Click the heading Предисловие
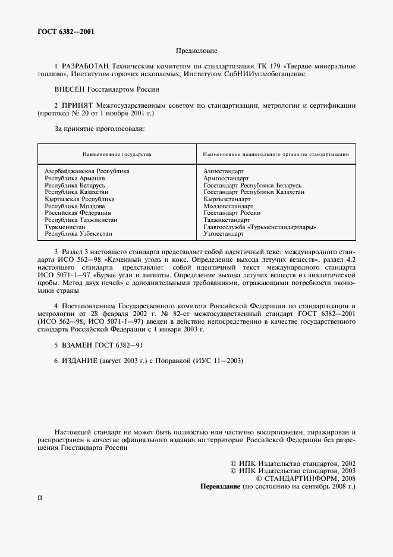(x=196, y=52)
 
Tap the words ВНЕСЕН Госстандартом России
(x=107, y=89)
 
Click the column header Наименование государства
(x=117, y=154)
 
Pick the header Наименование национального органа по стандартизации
(x=276, y=154)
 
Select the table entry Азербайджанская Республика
(x=87, y=171)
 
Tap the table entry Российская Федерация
(x=77, y=213)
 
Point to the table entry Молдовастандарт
(x=228, y=206)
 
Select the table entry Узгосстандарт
(x=224, y=234)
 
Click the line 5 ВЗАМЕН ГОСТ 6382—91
(x=98, y=345)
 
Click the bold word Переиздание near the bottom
(x=221, y=486)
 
